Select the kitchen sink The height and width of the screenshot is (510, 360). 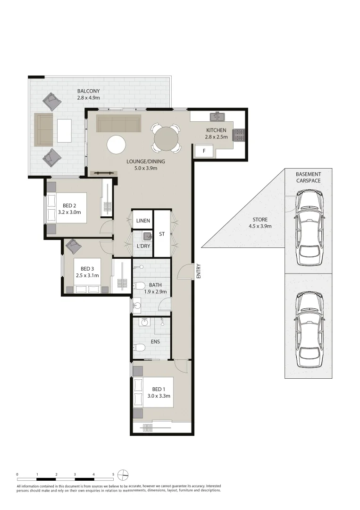[x=218, y=116]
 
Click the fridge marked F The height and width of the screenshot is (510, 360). [x=204, y=152]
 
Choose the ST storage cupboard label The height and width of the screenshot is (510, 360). [x=161, y=234]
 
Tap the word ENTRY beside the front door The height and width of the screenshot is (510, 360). [x=199, y=271]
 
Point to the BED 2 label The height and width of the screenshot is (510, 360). [x=69, y=205]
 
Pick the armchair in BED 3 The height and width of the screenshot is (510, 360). [x=73, y=246]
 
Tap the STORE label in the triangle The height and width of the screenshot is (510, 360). [x=260, y=220]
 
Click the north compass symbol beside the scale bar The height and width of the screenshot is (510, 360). [x=123, y=474]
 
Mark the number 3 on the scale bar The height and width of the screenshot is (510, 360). [x=75, y=474]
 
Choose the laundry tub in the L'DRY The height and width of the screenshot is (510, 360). [x=147, y=236]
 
